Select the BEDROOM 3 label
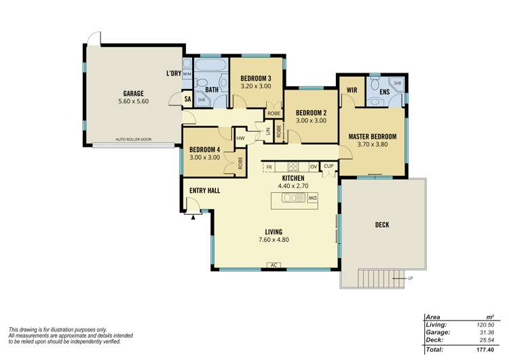click(x=256, y=78)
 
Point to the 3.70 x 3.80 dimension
click(x=372, y=145)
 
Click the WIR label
click(x=352, y=89)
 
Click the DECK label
click(x=381, y=225)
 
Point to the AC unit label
click(x=273, y=265)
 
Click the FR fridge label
click(x=269, y=166)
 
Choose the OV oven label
click(x=313, y=166)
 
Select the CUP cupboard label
click(x=329, y=166)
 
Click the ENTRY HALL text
click(x=204, y=191)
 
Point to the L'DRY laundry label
click(x=173, y=73)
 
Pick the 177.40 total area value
click(x=483, y=349)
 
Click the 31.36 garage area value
click(x=484, y=333)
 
